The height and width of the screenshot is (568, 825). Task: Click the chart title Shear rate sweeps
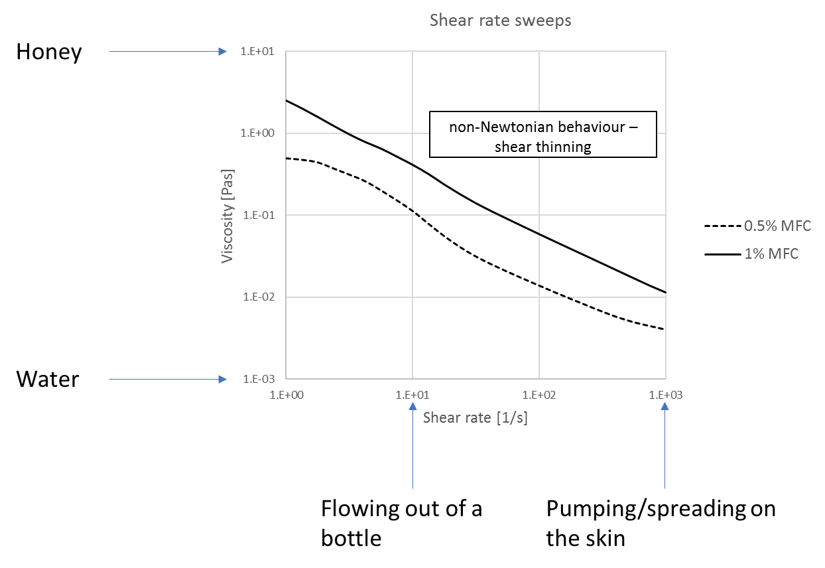coord(500,21)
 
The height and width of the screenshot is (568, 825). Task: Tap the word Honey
coord(49,52)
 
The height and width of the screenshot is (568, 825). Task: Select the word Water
coord(48,379)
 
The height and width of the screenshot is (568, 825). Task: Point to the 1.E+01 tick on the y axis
coord(257,51)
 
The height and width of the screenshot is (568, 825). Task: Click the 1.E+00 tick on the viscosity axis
coord(257,133)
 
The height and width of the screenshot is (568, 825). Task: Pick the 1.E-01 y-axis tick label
coord(259,215)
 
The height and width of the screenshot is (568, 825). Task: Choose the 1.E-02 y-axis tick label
coord(259,297)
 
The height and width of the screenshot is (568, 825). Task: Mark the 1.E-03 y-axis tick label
coord(259,379)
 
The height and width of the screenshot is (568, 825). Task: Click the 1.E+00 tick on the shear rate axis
coord(286,395)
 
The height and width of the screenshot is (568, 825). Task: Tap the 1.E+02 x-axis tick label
coord(539,395)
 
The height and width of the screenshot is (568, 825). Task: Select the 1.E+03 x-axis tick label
coord(666,395)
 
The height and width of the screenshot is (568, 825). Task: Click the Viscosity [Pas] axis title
coord(227,216)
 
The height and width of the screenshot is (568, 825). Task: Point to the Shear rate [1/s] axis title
coord(475,418)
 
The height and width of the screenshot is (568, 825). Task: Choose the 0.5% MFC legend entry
coord(757,226)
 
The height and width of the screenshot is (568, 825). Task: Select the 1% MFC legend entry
coord(751,254)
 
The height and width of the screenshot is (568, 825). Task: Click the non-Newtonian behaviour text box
coord(543,135)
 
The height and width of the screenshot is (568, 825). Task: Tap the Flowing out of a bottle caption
coord(401,524)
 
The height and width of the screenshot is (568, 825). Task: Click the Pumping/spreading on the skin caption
coord(661,524)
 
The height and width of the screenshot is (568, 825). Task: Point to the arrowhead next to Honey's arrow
coord(222,52)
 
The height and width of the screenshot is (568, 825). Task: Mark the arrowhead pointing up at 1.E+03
coord(665,406)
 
